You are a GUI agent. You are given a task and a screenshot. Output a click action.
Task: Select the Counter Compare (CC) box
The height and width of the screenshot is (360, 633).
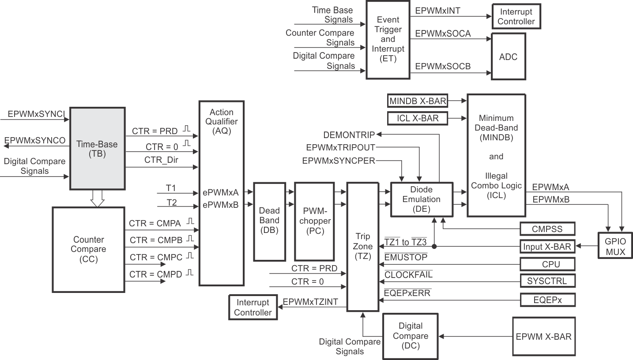pyautogui.click(x=88, y=249)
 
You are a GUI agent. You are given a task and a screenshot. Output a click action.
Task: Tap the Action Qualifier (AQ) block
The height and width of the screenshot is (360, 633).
pyautogui.click(x=221, y=193)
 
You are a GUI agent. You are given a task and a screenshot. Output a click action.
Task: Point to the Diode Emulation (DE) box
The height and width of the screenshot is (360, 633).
pyautogui.click(x=422, y=199)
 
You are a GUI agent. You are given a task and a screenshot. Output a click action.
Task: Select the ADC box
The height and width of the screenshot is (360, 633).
pyautogui.click(x=508, y=57)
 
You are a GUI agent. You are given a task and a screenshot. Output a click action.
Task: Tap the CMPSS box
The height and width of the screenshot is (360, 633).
pyautogui.click(x=547, y=229)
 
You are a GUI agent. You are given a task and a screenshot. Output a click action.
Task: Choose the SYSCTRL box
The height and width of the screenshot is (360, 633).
pyautogui.click(x=547, y=281)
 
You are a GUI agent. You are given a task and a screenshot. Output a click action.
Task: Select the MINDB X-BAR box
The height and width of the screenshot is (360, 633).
pyautogui.click(x=417, y=101)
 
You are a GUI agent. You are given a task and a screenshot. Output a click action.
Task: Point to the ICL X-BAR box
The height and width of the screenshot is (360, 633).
pyautogui.click(x=417, y=118)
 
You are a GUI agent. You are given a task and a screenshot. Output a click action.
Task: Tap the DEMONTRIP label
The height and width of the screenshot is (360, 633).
pyautogui.click(x=349, y=135)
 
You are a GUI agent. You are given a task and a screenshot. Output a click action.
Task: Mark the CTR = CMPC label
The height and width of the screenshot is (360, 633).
pyautogui.click(x=155, y=257)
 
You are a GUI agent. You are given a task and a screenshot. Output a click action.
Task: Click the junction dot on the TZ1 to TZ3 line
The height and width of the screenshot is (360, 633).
pyautogui.click(x=434, y=247)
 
